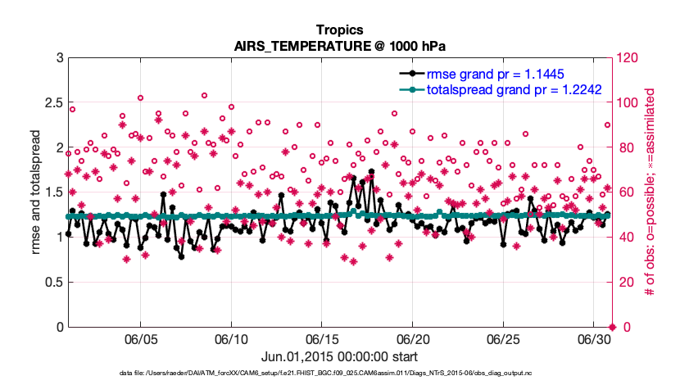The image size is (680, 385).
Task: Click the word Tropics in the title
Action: point(340,30)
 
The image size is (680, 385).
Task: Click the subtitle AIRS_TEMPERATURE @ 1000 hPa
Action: point(340,46)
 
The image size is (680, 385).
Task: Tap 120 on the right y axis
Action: point(630,58)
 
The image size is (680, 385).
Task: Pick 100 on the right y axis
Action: point(630,103)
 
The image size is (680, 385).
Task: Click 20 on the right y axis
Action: point(627,283)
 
